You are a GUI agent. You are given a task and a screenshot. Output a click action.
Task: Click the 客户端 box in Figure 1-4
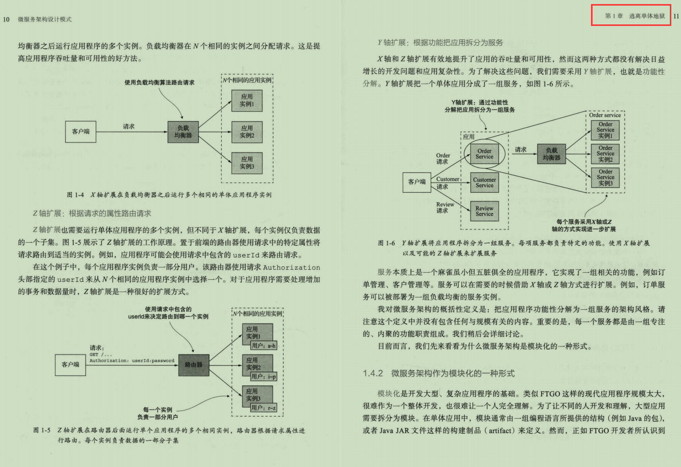[81, 132]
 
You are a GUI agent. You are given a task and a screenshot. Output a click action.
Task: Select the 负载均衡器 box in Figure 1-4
[183, 132]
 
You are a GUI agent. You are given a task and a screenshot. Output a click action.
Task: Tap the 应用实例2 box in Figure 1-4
[247, 132]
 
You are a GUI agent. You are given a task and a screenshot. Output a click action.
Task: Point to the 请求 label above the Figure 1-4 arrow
[129, 126]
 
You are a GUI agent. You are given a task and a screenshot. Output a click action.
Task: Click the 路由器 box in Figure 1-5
[194, 365]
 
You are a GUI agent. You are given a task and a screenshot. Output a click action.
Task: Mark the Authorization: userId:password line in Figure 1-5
[132, 361]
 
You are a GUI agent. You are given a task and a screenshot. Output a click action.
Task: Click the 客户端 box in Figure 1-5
[71, 364]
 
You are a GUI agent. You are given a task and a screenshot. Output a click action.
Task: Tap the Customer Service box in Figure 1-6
[484, 183]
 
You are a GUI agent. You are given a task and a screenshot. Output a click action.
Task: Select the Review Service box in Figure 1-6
[484, 211]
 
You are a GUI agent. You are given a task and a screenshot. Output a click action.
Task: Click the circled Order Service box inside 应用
[484, 154]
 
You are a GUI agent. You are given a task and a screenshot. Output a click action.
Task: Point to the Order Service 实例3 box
[605, 178]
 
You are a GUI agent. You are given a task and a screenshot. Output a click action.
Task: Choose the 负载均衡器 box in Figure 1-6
[551, 154]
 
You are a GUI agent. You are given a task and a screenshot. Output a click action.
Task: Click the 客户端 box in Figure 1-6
[417, 181]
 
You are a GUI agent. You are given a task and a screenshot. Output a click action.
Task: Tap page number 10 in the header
[6, 19]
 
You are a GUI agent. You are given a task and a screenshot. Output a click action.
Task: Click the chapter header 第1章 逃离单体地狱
[634, 16]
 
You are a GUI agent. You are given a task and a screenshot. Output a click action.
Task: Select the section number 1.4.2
[373, 373]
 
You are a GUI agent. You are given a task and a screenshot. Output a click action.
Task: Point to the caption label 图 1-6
[387, 243]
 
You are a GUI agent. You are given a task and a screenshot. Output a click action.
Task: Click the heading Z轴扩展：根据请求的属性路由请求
[92, 213]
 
